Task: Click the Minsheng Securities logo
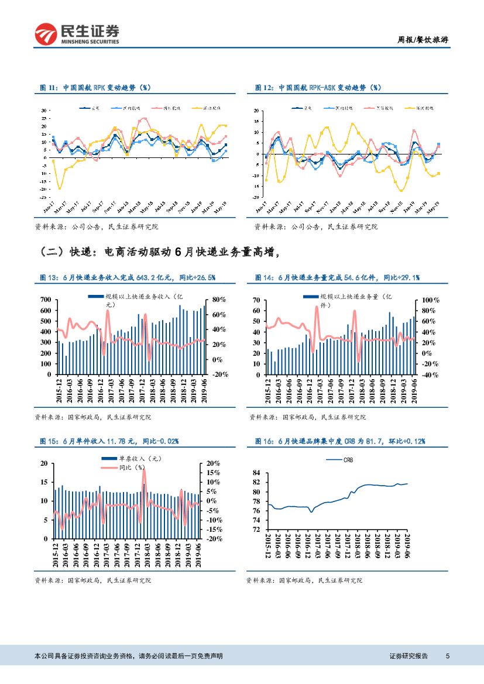tap(77, 35)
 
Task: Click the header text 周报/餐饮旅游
tap(423, 40)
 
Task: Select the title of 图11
tap(95, 87)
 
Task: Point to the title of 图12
tap(318, 87)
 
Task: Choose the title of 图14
tap(337, 277)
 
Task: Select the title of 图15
tap(109, 441)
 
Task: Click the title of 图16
tap(340, 441)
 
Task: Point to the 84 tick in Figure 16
tap(256, 472)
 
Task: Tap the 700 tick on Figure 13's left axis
tap(46, 300)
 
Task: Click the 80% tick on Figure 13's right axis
tap(218, 300)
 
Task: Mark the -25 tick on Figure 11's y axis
tap(44, 197)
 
